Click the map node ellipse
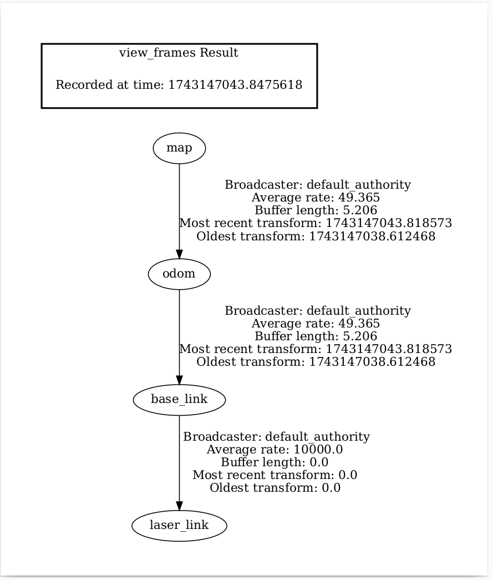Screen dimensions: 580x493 pos(179,148)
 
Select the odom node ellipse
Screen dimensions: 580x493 pos(179,274)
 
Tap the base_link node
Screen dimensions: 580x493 pos(179,400)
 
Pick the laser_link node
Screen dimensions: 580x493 pos(179,525)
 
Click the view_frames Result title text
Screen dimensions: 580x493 pos(179,53)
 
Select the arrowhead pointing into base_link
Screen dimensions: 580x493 pos(179,379)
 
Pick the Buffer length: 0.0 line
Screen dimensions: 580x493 pos(275,462)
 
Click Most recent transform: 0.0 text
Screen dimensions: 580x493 pos(275,475)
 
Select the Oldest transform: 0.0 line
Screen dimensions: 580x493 pos(275,488)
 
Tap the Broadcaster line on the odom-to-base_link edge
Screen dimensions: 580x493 pos(317,311)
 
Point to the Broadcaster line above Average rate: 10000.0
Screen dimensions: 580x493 pos(276,437)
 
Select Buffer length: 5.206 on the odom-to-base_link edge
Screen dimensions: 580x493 pos(316,336)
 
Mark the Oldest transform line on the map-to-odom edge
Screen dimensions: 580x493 pos(316,236)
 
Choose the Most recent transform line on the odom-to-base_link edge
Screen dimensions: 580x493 pos(316,349)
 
